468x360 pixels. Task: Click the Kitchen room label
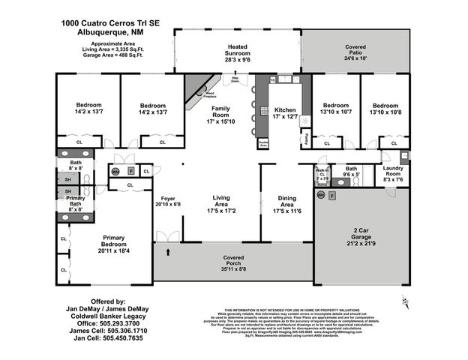[285, 113]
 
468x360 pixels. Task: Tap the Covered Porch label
[233, 262]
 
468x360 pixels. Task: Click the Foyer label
[168, 200]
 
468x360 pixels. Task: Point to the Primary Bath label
[75, 205]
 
